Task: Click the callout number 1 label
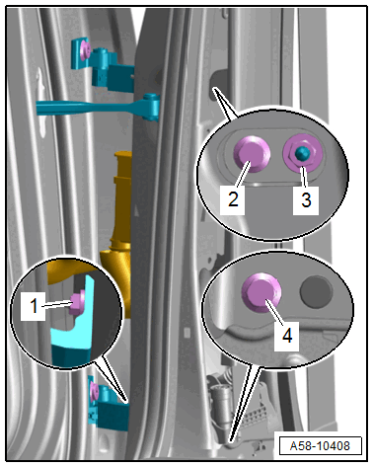pyautogui.click(x=34, y=306)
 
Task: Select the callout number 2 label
pyautogui.click(x=233, y=199)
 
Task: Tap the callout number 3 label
pyautogui.click(x=306, y=200)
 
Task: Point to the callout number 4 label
pyautogui.click(x=287, y=336)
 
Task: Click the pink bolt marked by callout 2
pyautogui.click(x=252, y=154)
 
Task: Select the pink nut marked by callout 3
pyautogui.click(x=301, y=154)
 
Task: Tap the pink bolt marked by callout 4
pyautogui.click(x=261, y=292)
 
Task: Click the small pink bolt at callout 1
pyautogui.click(x=78, y=300)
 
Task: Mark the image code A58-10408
pyautogui.click(x=320, y=446)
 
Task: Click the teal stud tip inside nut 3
pyautogui.click(x=301, y=153)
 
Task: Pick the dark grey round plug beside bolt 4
pyautogui.click(x=316, y=292)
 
